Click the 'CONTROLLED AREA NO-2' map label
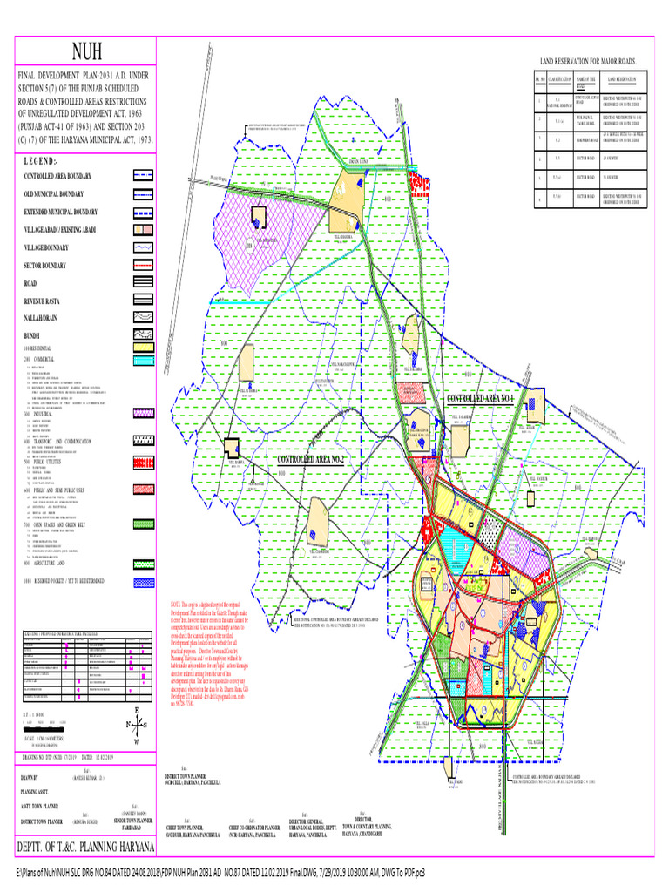click(312, 459)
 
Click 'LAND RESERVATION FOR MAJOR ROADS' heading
click(590, 62)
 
